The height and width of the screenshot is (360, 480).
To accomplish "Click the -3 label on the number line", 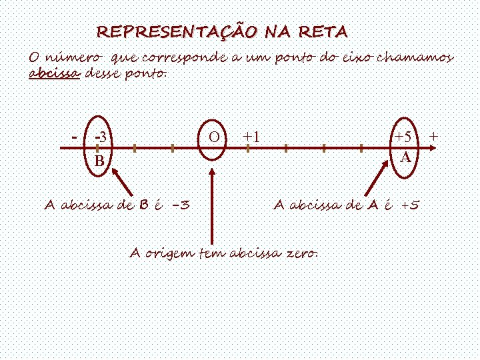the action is point(102,137).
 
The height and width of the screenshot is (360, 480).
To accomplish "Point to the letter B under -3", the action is point(99,161).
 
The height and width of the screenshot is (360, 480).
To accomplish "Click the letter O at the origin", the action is point(213,137).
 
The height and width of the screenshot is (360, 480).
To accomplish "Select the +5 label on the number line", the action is point(403,137).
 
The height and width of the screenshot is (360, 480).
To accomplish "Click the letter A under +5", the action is point(405,158).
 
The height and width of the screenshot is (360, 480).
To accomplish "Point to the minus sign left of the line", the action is point(75,137).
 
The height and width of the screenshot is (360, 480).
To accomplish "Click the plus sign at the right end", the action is point(434,136).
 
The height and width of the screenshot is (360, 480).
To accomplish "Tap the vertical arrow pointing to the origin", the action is point(212,207).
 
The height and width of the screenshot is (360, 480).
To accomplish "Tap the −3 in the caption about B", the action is point(179,205).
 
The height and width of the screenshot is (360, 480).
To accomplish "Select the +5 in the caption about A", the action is point(409,205).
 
